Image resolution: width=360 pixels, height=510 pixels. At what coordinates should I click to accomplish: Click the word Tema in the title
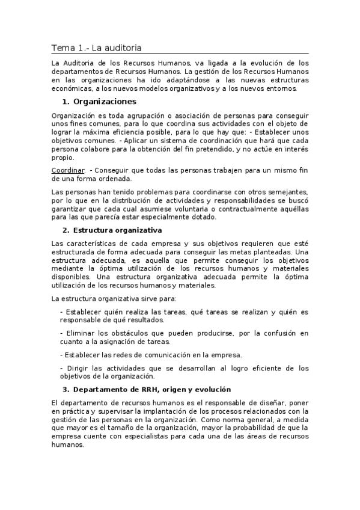click(x=61, y=48)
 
